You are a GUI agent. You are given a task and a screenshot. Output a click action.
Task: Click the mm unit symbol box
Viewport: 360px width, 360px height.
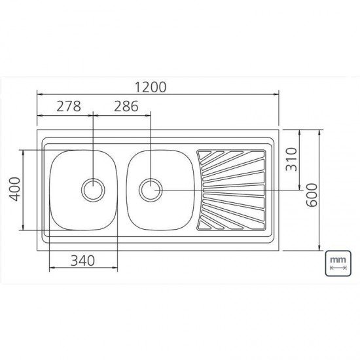tap(338, 263)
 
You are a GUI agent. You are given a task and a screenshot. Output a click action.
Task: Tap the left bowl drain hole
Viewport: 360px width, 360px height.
tap(93, 190)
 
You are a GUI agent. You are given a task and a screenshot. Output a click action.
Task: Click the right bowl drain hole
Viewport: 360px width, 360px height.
tap(151, 190)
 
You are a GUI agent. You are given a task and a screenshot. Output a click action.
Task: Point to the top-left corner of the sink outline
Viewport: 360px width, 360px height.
tap(37, 130)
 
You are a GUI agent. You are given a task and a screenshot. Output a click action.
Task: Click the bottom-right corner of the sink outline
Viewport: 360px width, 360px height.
tap(279, 250)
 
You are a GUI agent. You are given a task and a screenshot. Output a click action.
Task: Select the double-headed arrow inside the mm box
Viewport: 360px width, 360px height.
tap(338, 268)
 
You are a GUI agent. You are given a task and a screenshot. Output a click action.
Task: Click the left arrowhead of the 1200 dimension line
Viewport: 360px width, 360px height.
tap(39, 94)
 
